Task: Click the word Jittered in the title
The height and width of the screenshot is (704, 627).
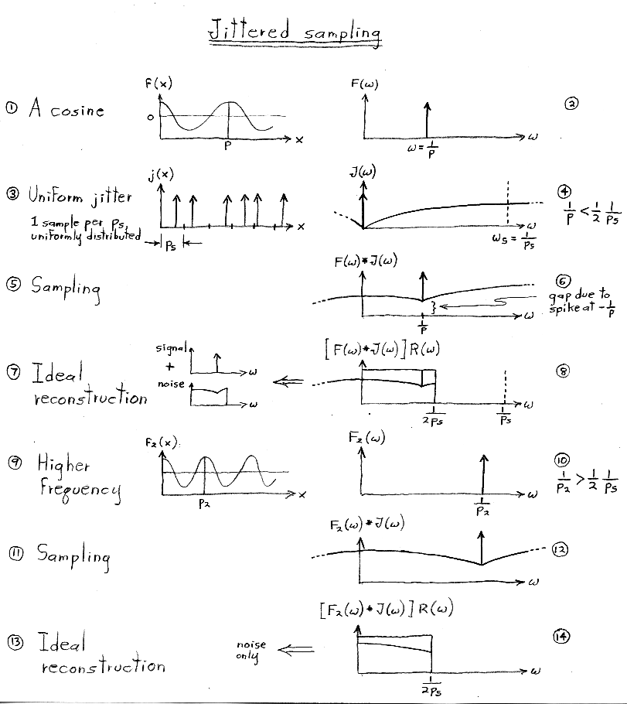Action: tap(248, 32)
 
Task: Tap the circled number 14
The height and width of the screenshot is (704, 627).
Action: tap(561, 636)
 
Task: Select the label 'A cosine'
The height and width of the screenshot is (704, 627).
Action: tap(66, 110)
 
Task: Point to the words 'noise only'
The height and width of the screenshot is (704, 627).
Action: tap(251, 650)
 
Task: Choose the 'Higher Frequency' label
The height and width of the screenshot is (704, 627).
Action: tap(77, 477)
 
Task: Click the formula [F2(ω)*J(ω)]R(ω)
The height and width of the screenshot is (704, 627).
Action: tap(387, 610)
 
